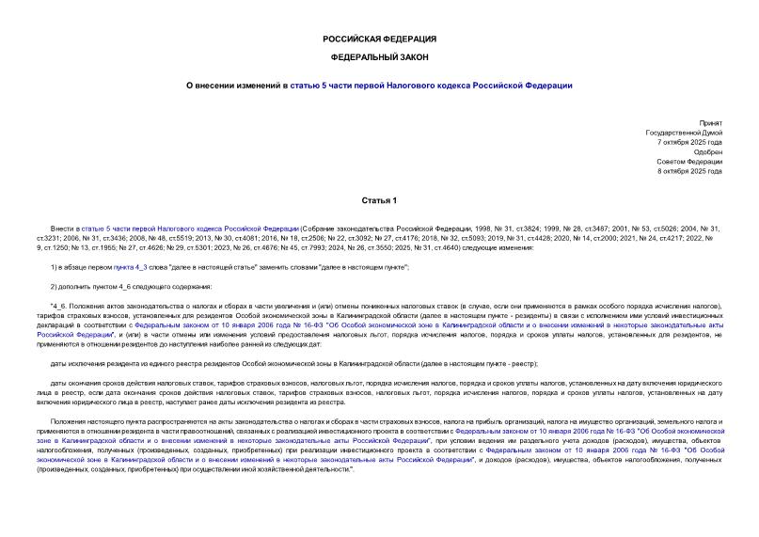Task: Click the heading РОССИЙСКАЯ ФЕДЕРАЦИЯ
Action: pos(379,39)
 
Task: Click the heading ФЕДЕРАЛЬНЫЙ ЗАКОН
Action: pos(379,57)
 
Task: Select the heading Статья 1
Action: pos(379,200)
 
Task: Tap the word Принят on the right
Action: pos(711,123)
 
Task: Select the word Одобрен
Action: pos(708,151)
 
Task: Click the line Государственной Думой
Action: pos(684,133)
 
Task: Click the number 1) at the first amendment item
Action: pos(54,267)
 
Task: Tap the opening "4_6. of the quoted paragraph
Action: pos(58,307)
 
